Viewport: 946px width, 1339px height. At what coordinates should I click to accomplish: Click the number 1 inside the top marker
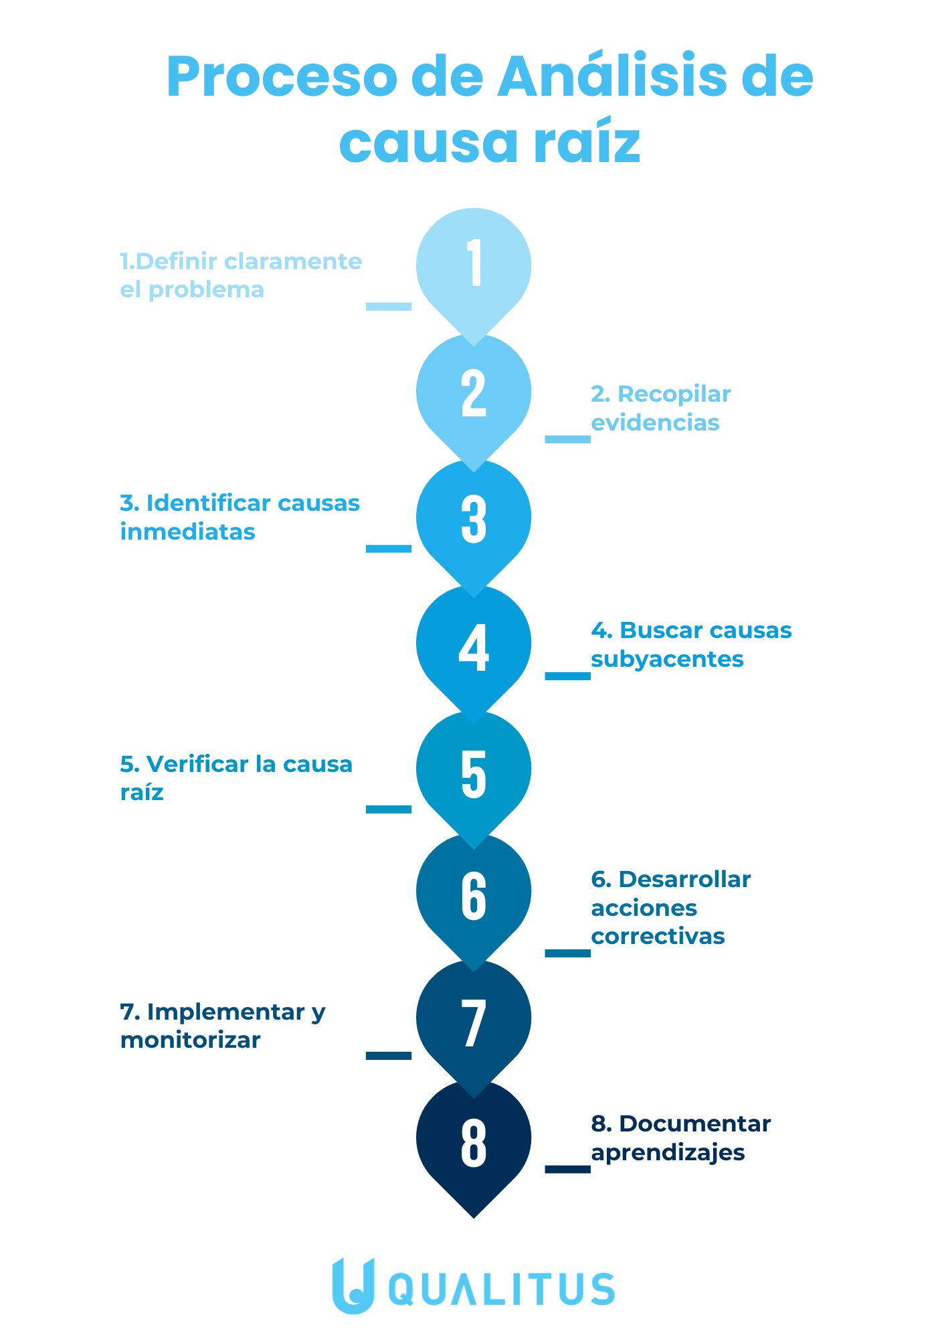(x=474, y=263)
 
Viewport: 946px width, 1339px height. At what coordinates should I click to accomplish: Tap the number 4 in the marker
(x=474, y=647)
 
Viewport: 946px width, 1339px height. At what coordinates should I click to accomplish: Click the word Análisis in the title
(x=612, y=76)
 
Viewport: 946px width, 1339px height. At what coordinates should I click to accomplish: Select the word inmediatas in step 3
(x=188, y=532)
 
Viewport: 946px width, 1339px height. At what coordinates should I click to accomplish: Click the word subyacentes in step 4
(x=667, y=659)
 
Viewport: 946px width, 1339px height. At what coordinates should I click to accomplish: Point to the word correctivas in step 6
(x=658, y=936)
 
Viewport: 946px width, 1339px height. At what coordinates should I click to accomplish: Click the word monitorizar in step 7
(x=190, y=1040)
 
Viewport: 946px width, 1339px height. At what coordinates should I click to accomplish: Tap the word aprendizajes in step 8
(x=668, y=1153)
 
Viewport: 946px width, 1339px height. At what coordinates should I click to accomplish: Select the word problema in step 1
(x=206, y=291)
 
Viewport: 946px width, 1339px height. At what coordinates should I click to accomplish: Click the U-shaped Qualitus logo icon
(x=353, y=1285)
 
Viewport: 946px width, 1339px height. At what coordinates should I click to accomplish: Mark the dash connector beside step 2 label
(x=568, y=439)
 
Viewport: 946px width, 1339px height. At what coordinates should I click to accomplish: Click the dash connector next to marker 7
(x=389, y=1056)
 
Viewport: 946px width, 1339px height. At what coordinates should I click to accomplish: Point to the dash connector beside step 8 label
(x=568, y=1169)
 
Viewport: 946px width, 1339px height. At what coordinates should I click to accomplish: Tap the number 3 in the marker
(x=474, y=519)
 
